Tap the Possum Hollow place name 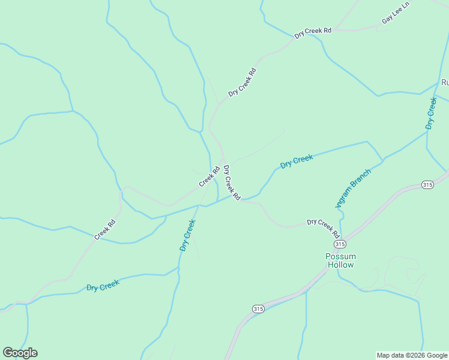point(340,260)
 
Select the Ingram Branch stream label point(354,188)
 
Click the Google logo point(20,353)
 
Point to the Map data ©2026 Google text point(412,355)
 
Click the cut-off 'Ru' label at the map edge point(445,82)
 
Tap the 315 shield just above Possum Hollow point(340,244)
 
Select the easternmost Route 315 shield point(427,184)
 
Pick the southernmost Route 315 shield point(258,308)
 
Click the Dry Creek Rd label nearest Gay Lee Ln point(313,32)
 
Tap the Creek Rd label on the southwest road point(104,230)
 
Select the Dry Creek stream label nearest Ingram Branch point(297,161)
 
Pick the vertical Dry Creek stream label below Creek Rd point(187,235)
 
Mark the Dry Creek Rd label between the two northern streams point(242,82)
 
